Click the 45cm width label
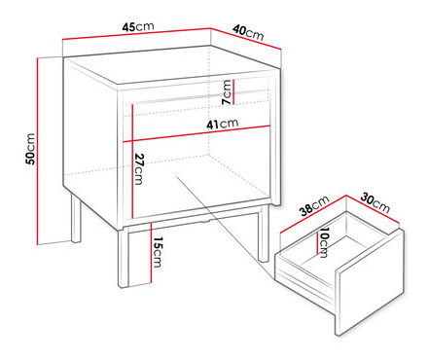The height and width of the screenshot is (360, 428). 138,26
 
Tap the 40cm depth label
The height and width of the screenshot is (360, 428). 248,33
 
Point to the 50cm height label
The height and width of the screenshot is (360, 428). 30,149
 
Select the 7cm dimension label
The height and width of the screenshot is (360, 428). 227,92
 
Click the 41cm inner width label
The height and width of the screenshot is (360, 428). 223,124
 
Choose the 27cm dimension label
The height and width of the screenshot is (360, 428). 139,169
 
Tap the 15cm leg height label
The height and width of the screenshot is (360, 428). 158,252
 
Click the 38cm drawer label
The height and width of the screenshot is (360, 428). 314,205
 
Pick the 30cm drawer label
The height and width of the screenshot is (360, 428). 375,203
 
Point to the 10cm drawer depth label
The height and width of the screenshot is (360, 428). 324,242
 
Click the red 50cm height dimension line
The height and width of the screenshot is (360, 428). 38,151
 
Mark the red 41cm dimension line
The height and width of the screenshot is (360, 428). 196,133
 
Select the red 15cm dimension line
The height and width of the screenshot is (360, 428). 151,253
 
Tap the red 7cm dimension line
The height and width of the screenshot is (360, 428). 233,91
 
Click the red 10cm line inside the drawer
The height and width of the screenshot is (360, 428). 317,242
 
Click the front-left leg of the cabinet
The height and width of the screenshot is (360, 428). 124,259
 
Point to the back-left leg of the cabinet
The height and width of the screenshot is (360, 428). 76,219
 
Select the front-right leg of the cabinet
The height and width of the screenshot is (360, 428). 263,234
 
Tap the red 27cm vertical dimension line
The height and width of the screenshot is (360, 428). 132,162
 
